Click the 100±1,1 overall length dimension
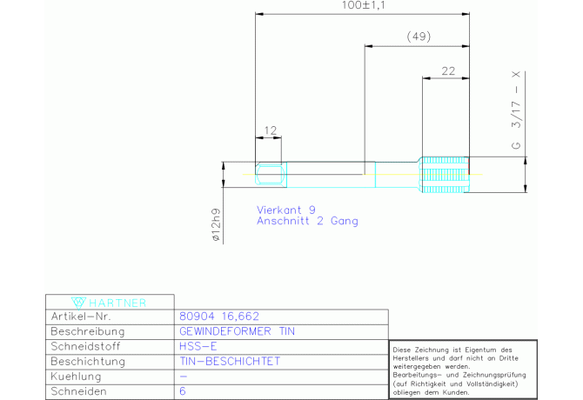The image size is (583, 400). point(363,5)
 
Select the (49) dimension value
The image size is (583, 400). point(419,37)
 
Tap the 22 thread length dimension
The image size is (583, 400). point(448,71)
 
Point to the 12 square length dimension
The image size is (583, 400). point(271,130)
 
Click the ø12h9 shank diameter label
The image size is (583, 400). point(216,224)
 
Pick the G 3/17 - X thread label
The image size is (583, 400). point(516,110)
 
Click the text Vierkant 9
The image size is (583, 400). point(286,210)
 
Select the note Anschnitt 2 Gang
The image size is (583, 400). point(307,221)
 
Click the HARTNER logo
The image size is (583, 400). point(109,303)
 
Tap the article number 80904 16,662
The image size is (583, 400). point(219,316)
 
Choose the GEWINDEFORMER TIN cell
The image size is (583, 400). point(237,331)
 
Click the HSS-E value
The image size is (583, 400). point(198,346)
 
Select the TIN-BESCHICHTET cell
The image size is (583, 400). point(230,361)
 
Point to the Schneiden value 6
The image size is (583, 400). point(182,391)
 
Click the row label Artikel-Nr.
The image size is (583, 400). point(81,317)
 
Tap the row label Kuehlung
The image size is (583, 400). point(76,377)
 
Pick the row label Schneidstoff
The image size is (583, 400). point(85,346)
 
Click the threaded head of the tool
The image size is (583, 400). point(445,175)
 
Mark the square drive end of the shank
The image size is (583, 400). point(271,175)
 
